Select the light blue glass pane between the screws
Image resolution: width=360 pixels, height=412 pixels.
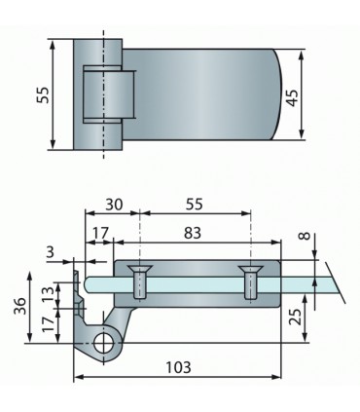(195, 284)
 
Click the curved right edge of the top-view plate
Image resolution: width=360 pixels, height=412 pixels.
(282, 94)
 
